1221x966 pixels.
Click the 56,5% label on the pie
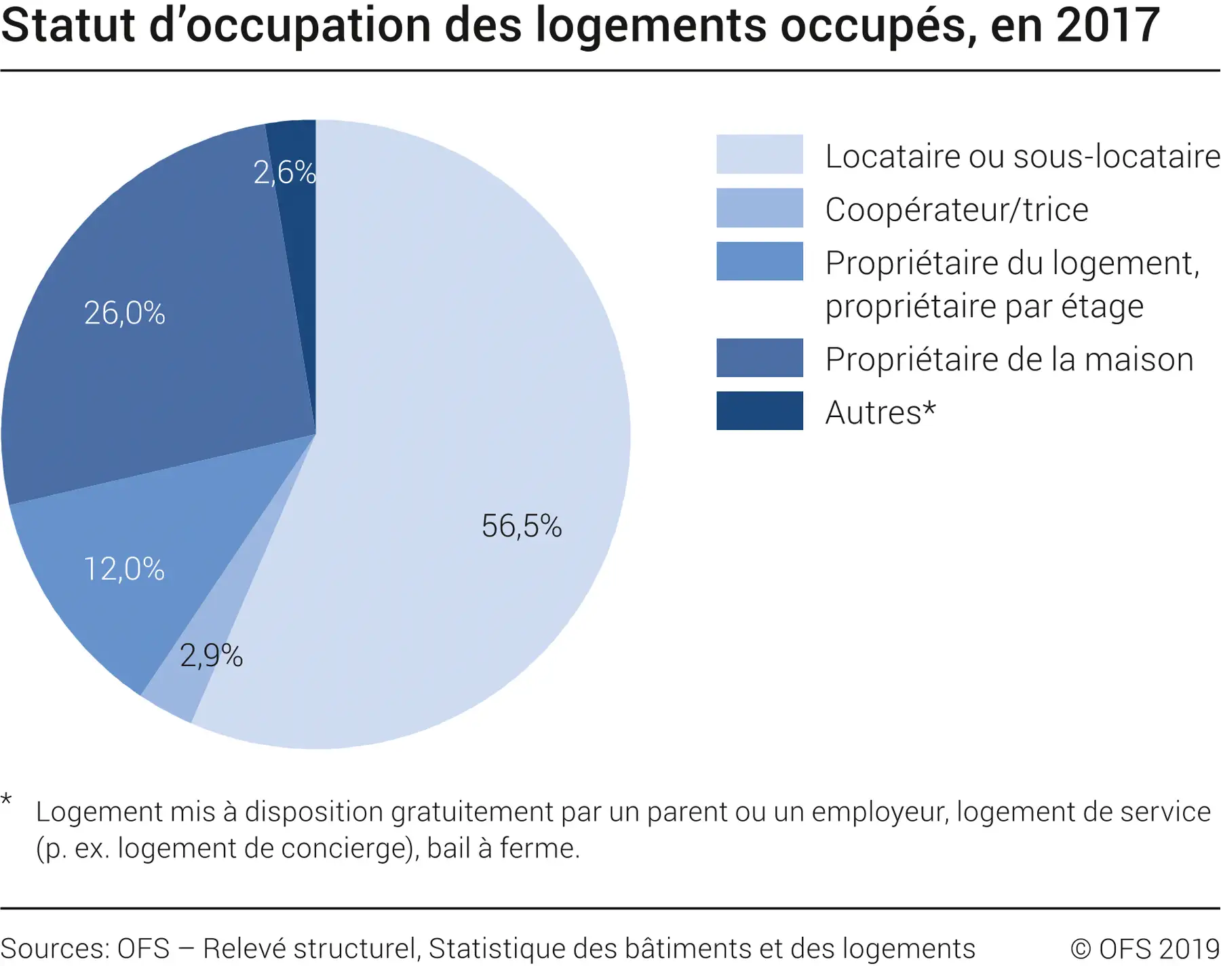[x=522, y=526]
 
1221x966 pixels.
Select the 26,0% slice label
[x=125, y=313]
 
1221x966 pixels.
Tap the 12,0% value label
[x=124, y=569]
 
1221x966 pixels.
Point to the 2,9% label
[x=211, y=656]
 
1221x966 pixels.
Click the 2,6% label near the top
[x=284, y=172]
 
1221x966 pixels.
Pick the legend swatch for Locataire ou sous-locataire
[x=759, y=154]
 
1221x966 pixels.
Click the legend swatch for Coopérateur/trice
[x=759, y=208]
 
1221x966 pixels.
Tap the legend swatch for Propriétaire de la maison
[x=759, y=358]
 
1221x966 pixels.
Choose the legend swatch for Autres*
[x=759, y=410]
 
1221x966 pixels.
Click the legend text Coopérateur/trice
[x=956, y=210]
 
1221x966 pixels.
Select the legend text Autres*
[x=880, y=412]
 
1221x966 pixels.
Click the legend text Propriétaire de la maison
[x=1009, y=360]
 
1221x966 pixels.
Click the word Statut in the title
[x=68, y=26]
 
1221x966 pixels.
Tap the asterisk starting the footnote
[x=7, y=800]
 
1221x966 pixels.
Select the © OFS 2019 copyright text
[x=1144, y=948]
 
